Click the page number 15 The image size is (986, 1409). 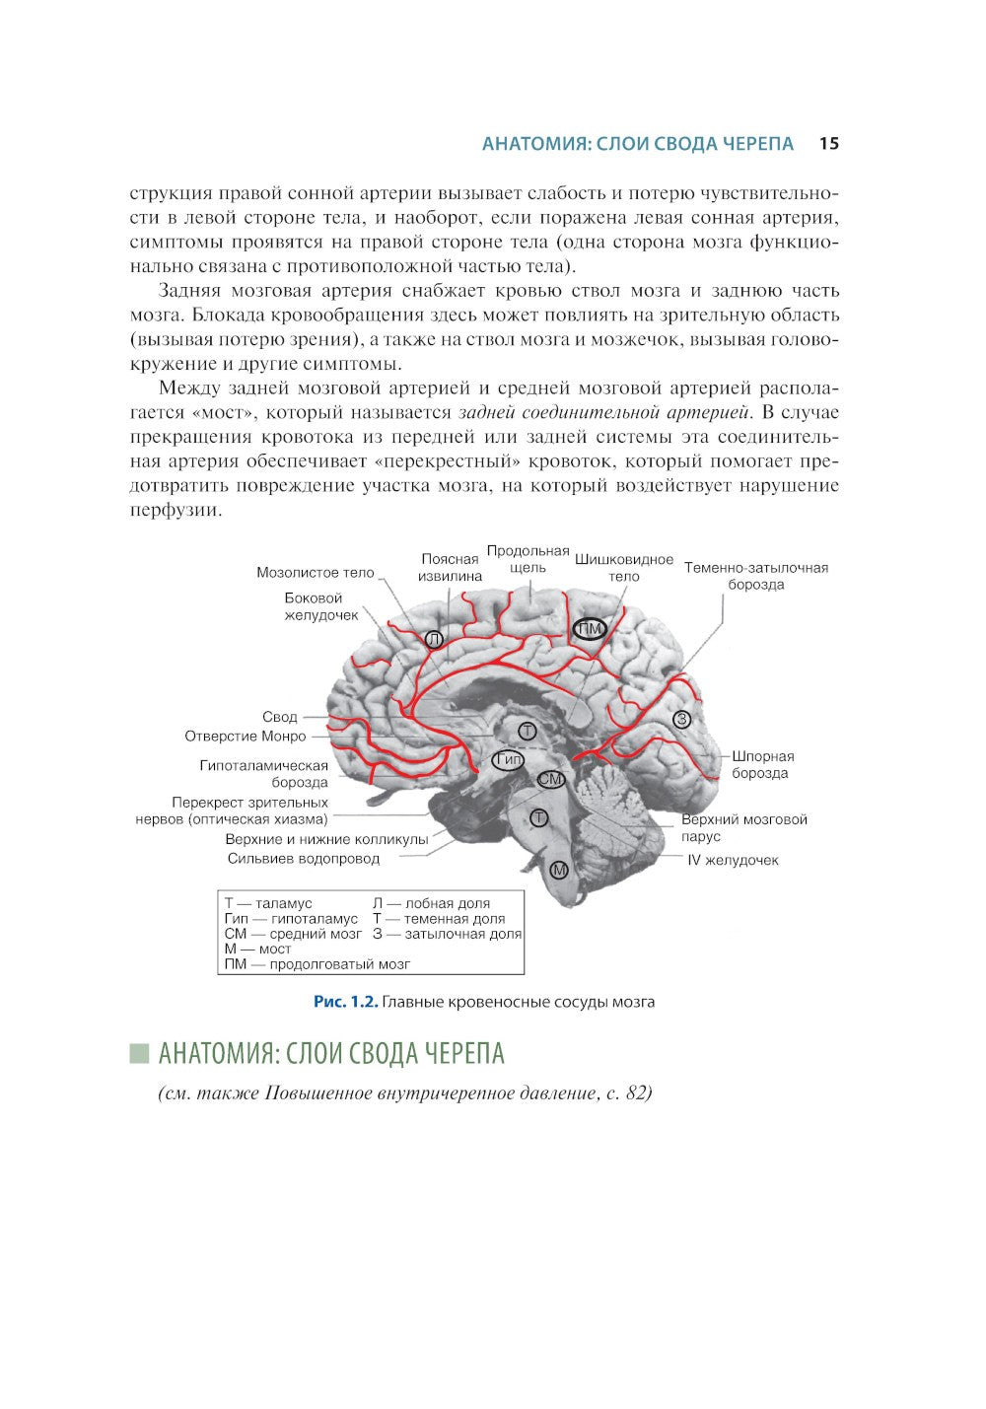point(828,144)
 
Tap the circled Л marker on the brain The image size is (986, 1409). point(434,639)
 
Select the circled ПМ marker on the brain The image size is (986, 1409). point(591,629)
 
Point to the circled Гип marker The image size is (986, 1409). point(509,759)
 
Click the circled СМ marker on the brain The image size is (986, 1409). point(550,779)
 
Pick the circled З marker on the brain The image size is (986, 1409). point(681,719)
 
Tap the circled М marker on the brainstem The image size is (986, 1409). point(559,869)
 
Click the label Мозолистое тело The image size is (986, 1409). point(315,572)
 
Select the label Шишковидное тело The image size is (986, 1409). point(623,568)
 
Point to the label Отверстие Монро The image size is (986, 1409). point(246,737)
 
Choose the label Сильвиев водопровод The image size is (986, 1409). point(303,858)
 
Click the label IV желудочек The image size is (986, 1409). point(733,860)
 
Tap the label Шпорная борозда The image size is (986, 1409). point(762,764)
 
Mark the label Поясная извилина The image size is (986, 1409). point(450,567)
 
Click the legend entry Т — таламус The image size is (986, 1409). point(268,903)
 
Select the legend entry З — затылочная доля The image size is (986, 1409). point(447,934)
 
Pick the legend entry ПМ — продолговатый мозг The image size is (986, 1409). point(317,964)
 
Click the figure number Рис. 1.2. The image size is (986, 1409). point(345,1002)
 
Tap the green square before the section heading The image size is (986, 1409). point(139,1053)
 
